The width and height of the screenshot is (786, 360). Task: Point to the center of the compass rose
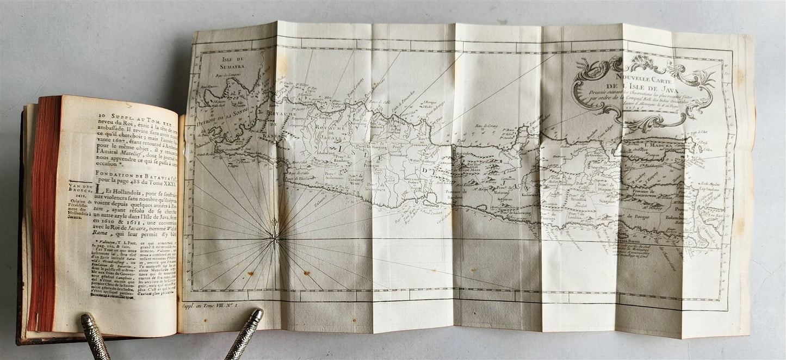coord(275,236)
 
